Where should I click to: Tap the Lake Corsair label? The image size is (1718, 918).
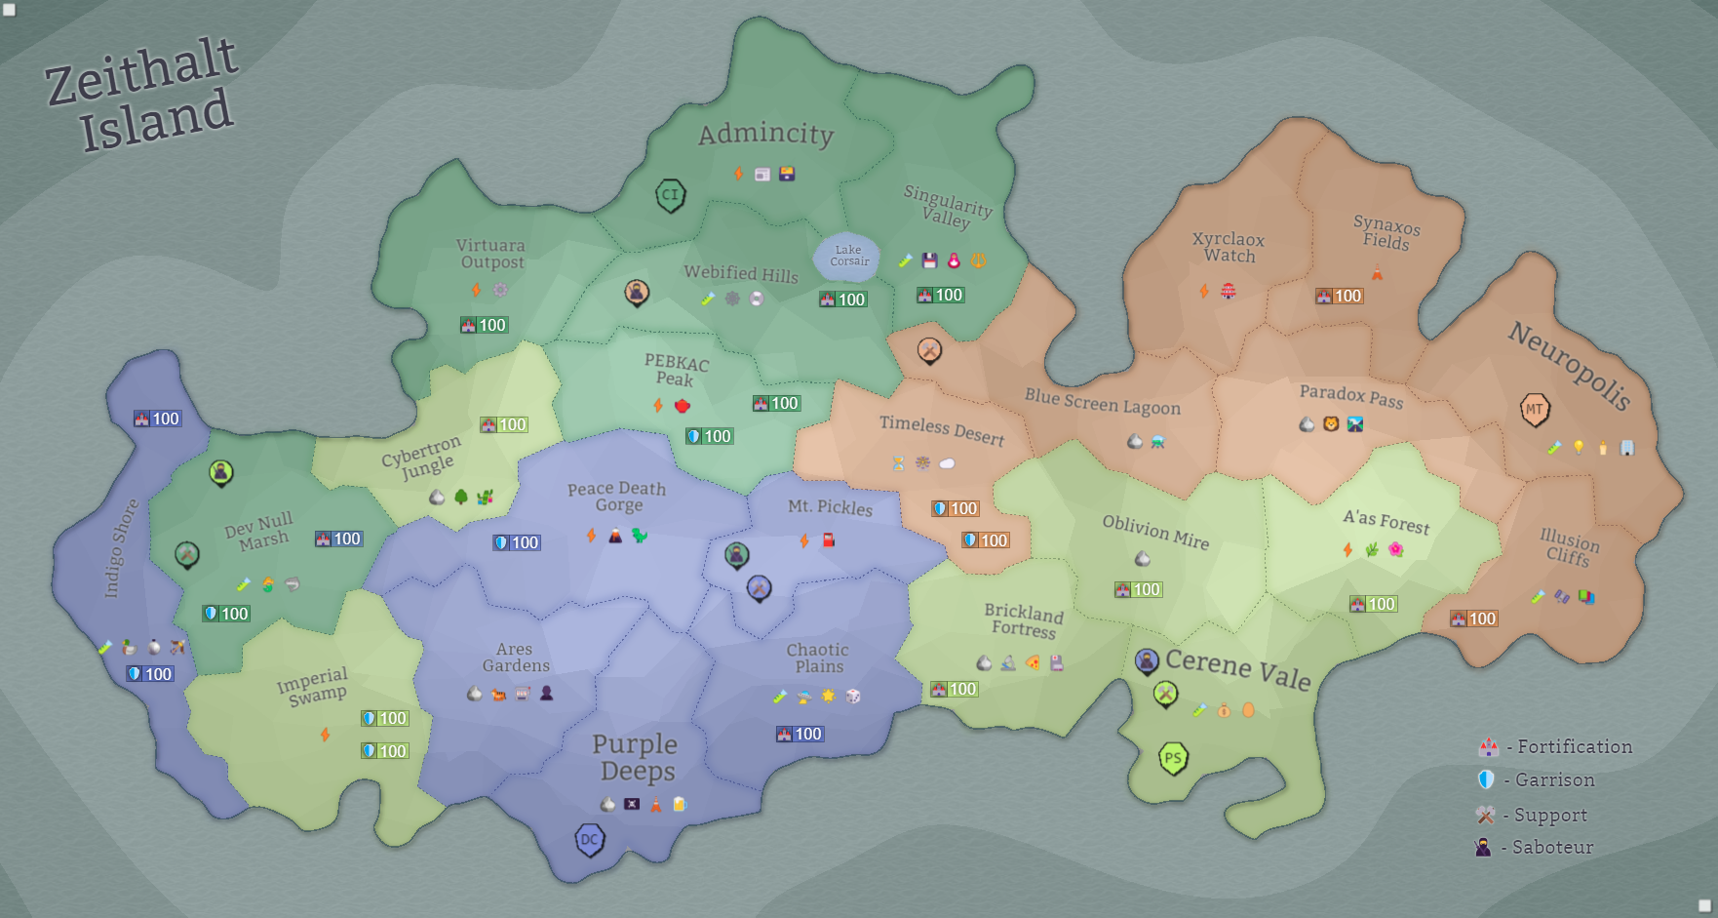coord(848,256)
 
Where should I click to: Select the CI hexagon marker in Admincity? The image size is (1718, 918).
coord(670,194)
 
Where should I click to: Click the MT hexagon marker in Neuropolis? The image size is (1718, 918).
coord(1535,409)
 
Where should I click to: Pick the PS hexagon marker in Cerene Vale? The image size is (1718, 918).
coord(1173,758)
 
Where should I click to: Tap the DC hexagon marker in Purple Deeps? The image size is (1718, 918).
coord(590,839)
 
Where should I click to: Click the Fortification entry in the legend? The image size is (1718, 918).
coord(1555,747)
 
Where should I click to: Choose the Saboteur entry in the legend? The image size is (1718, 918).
coord(1536,848)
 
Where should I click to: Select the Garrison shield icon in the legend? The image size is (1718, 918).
coord(1486,779)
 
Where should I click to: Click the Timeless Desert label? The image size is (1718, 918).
coord(941,429)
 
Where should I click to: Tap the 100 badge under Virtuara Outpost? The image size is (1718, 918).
coord(484,325)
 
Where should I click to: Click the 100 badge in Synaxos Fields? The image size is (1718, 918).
coord(1339,296)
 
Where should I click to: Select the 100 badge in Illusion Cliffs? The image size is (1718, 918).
coord(1473,619)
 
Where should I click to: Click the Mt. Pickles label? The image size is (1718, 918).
coord(830,506)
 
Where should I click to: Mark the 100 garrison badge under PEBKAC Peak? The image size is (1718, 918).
coord(709,436)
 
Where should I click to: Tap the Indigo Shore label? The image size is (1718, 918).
coord(122,547)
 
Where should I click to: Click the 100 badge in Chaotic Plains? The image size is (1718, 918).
coord(800,734)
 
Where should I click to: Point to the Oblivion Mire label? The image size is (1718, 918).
coord(1155,532)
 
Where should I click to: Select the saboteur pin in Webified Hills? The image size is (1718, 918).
coord(637,291)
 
